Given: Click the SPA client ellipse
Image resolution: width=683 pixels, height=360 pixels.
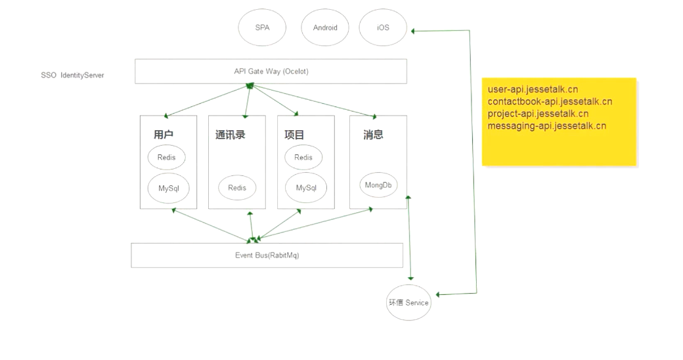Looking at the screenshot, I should click(262, 28).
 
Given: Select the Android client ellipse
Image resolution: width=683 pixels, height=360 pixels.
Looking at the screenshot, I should click(325, 28).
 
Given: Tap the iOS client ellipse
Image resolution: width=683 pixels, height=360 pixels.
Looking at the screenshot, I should click(383, 28).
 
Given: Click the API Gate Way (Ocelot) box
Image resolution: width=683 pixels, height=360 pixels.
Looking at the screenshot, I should click(271, 71).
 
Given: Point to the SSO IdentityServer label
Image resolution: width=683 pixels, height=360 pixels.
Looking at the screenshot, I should click(72, 76).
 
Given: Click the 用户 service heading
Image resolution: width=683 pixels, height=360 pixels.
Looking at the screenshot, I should click(164, 135).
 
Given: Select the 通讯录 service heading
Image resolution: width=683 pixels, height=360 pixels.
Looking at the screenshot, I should click(230, 135).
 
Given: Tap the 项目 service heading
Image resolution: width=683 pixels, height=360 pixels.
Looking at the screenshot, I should click(294, 135).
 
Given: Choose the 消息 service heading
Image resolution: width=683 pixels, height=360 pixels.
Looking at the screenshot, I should click(373, 135).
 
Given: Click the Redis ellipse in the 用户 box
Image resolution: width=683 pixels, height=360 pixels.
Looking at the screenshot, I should click(167, 158).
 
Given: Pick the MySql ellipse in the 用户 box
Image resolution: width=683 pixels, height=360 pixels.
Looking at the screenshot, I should click(168, 188).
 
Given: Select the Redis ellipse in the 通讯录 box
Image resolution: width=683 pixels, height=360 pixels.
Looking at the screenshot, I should click(237, 188).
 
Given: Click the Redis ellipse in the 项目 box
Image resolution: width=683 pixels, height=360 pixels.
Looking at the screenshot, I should click(303, 158).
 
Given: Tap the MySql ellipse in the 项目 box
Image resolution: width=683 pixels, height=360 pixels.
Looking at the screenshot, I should click(306, 188).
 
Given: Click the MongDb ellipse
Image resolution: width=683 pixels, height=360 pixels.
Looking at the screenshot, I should click(378, 185).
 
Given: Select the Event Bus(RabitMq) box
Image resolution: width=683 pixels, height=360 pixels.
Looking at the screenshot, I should click(267, 255).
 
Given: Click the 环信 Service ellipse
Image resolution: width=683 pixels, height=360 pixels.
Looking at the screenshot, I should click(408, 303).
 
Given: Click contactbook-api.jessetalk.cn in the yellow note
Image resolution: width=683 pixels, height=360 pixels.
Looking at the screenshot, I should click(550, 101).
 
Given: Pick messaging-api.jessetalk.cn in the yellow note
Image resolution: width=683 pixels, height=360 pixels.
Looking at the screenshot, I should click(546, 125).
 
